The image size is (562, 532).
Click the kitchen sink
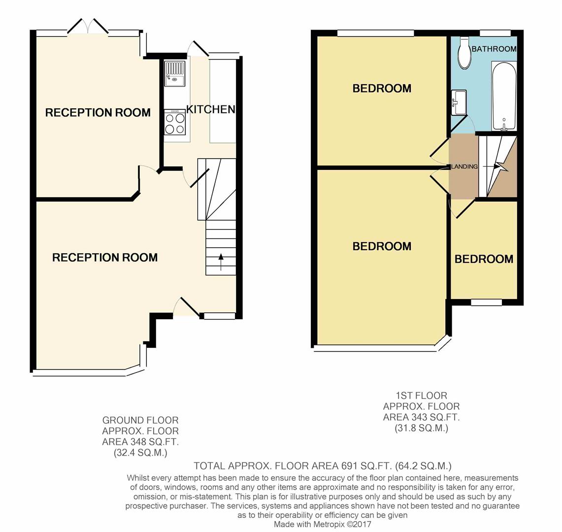(174, 73)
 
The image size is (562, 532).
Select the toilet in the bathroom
(464, 54)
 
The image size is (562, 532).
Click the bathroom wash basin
(458, 102)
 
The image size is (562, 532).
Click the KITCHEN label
(210, 109)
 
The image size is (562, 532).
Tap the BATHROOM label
(494, 49)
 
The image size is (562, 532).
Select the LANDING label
(464, 166)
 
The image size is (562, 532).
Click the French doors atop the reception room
(88, 27)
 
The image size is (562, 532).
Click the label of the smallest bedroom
(483, 259)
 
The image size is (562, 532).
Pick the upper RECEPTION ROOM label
(98, 113)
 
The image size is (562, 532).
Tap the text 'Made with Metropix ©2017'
(322, 524)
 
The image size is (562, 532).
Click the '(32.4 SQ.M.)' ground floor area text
(134, 453)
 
